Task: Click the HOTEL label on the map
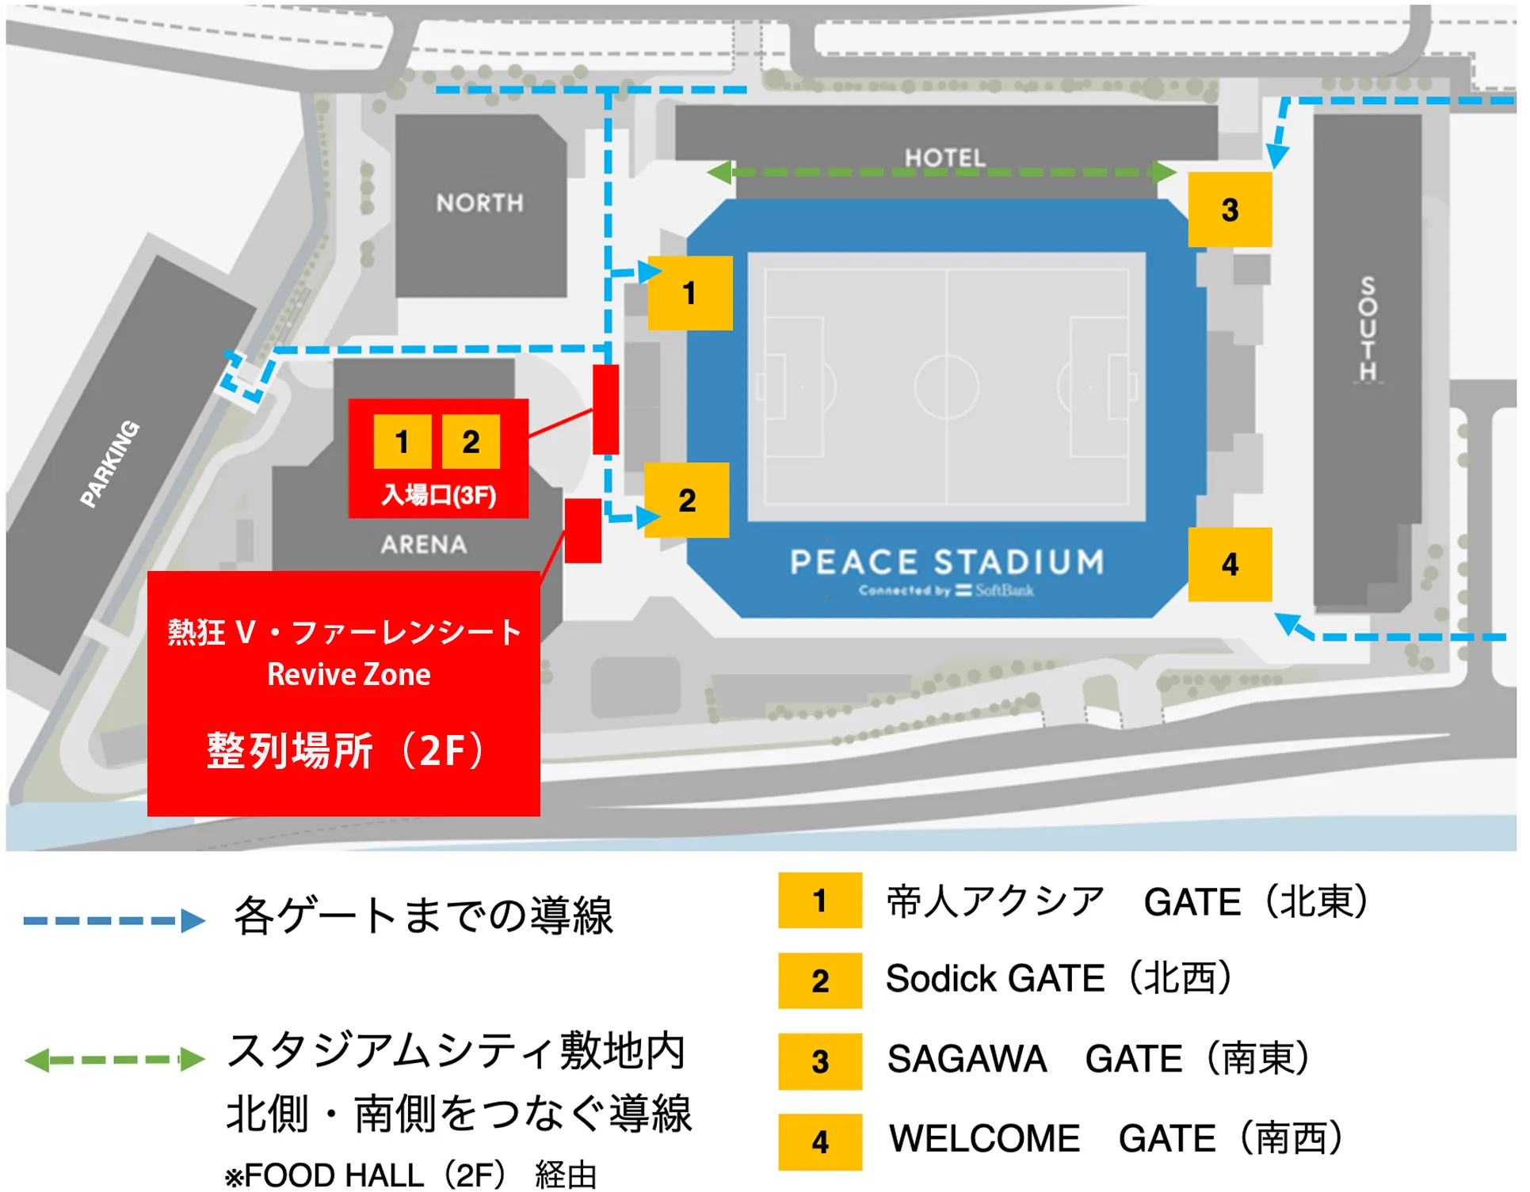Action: click(945, 158)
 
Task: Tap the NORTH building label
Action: click(479, 203)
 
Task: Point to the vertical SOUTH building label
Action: click(1368, 329)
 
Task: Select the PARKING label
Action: click(110, 463)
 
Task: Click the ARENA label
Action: click(424, 544)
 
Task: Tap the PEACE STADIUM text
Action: click(947, 562)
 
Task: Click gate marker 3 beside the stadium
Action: click(1230, 210)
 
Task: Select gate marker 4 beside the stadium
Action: click(1230, 564)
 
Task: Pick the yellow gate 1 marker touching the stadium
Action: click(689, 293)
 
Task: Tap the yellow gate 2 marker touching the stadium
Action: click(687, 500)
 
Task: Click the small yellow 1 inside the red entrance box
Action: click(403, 441)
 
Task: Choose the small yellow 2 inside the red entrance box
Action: click(471, 441)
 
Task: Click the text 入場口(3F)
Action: click(438, 495)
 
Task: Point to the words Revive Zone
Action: click(349, 674)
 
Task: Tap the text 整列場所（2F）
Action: click(345, 750)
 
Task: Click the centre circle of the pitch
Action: click(946, 387)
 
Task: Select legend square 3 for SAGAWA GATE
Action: click(820, 1061)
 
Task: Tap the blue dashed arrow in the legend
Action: click(114, 920)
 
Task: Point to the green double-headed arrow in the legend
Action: click(114, 1059)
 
